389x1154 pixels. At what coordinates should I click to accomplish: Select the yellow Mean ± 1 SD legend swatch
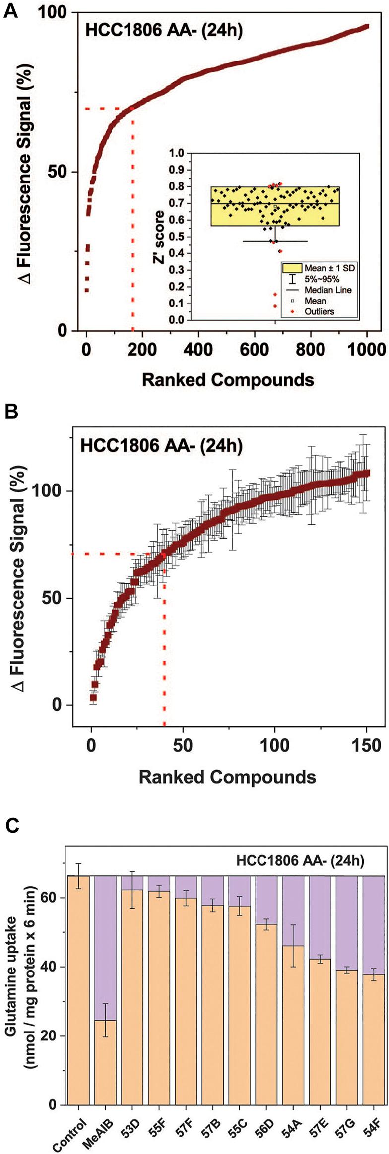coord(292,268)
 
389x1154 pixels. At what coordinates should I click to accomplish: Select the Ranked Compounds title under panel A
coord(228,380)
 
